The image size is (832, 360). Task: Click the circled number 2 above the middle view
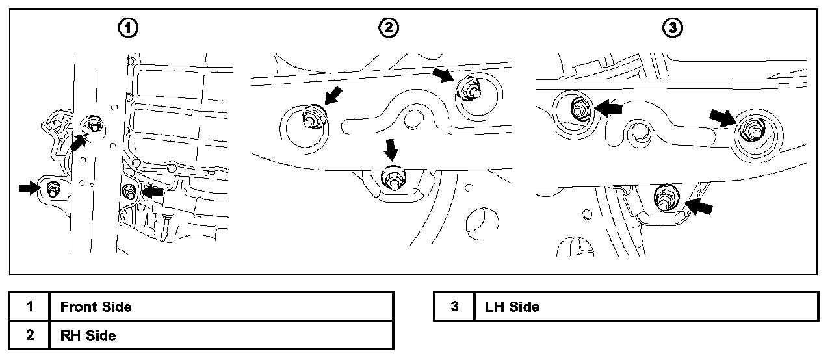click(389, 28)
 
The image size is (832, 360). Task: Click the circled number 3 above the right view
click(671, 28)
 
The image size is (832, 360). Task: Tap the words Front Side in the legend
click(96, 306)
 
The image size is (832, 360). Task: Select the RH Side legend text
click(88, 335)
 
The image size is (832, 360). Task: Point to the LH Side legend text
click(512, 306)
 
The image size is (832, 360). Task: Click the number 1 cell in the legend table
click(30, 306)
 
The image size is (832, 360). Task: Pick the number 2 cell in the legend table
click(30, 335)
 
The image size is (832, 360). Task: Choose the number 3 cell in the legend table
click(454, 306)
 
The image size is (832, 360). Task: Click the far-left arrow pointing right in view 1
click(29, 188)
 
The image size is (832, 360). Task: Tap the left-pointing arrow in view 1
click(152, 192)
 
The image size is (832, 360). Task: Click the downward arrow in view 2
click(391, 149)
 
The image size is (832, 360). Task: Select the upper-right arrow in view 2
click(444, 75)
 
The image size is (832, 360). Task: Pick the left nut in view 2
click(311, 120)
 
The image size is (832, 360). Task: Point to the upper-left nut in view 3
click(578, 109)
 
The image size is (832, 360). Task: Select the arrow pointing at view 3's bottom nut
click(699, 207)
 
